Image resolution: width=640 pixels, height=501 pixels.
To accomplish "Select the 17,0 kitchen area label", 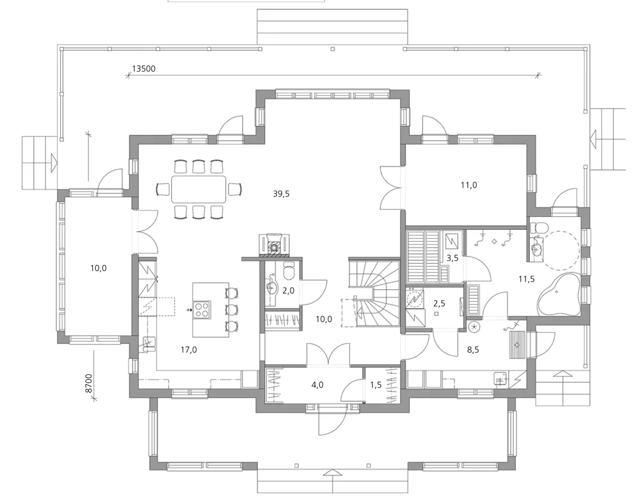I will (188, 349).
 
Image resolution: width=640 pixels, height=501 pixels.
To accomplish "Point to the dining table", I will (198, 189).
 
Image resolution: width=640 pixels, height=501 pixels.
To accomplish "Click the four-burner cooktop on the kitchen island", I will (202, 310).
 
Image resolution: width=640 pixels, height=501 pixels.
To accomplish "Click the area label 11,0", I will (469, 185).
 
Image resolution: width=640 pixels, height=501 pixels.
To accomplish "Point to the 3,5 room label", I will (452, 258).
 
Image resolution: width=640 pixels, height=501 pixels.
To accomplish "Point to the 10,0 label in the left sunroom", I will (98, 268).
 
